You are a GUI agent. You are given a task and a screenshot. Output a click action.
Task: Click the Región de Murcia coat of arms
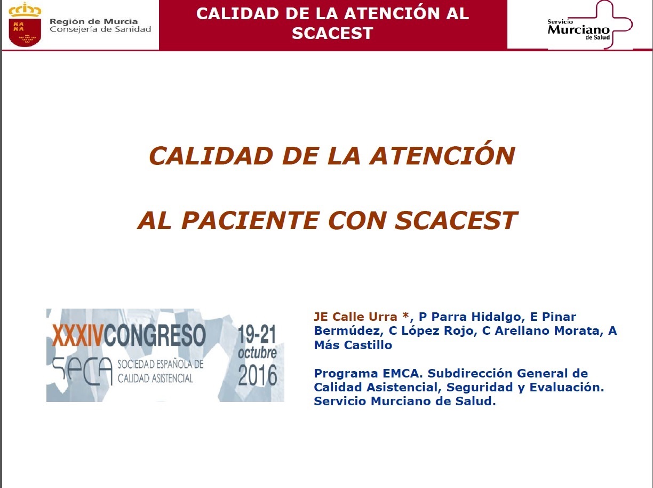(25, 25)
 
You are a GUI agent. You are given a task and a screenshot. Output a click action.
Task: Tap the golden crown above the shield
(25, 10)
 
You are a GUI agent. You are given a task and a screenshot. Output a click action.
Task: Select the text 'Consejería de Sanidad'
(100, 30)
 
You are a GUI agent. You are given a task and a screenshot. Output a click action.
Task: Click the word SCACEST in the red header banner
(332, 33)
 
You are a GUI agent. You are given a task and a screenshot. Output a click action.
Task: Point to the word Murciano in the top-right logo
(579, 30)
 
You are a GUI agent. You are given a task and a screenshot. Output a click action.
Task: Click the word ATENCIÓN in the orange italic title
(442, 156)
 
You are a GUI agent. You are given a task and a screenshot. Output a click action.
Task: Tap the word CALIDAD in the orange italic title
(211, 156)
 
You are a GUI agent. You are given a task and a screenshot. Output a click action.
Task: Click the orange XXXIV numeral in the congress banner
(78, 335)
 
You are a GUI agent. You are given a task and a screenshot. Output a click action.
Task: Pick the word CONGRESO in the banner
(155, 335)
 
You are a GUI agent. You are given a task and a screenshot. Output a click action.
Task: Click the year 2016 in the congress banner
(258, 375)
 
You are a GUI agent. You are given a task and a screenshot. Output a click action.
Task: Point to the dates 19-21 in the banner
(257, 334)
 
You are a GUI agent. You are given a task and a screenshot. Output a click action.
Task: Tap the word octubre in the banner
(257, 353)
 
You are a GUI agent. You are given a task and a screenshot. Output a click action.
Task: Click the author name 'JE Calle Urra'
(355, 317)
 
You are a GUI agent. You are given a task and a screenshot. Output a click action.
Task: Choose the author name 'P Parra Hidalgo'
(472, 317)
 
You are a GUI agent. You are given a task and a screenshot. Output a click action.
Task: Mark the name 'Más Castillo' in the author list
(353, 345)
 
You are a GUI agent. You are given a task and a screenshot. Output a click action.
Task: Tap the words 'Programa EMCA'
(368, 373)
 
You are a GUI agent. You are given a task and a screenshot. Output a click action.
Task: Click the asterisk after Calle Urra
(405, 316)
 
